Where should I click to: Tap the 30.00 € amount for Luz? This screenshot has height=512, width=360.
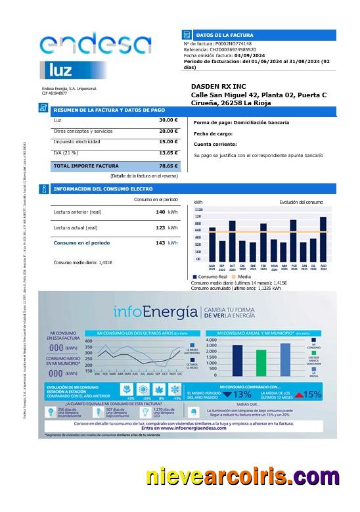coord(168,120)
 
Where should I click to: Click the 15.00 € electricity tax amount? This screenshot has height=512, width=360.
coord(168,141)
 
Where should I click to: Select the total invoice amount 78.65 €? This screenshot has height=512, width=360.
coord(168,166)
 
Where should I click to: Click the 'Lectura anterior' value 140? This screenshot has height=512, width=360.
coord(160,212)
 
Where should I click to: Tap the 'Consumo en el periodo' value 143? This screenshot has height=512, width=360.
coord(160,243)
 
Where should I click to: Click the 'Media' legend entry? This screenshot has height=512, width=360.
coord(241,277)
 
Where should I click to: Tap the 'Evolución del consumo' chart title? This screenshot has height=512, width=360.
coord(301,202)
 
